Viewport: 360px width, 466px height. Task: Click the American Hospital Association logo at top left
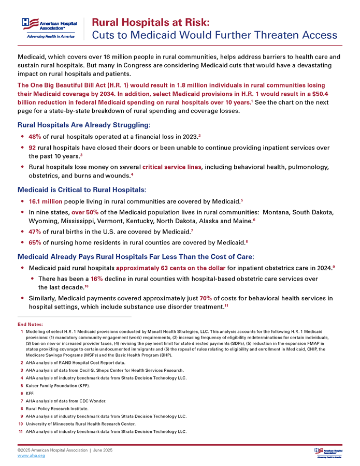coord(48,28)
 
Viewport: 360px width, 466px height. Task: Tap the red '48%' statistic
coord(37,137)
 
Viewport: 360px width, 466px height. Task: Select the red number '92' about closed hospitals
coord(34,148)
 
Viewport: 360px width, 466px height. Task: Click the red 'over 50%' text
coord(87,212)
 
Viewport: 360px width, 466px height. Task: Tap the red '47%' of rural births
coord(37,231)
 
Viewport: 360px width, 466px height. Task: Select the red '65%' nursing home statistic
coord(37,242)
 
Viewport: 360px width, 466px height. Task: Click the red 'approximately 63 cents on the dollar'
coord(170,268)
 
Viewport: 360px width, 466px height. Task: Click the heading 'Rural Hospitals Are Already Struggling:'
coord(84,125)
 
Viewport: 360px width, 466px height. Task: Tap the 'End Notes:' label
coord(30,324)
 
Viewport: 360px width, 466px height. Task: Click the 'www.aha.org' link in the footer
coord(31,456)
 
